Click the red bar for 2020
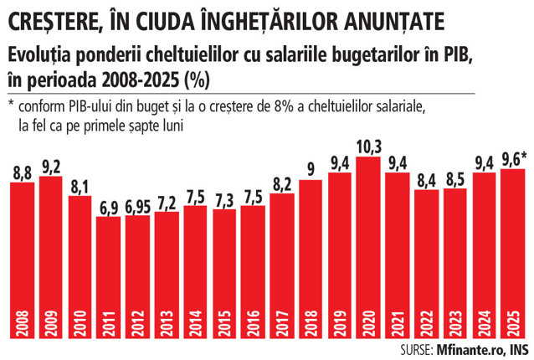(x=368, y=248)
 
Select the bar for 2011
(x=108, y=278)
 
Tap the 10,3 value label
(x=369, y=147)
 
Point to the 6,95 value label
(x=137, y=207)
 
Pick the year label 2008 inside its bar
(x=23, y=323)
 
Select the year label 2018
(x=311, y=323)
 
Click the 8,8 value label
(x=23, y=173)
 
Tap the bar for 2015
(x=224, y=274)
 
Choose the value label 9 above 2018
(x=311, y=170)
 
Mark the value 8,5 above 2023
(x=455, y=179)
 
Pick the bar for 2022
(x=427, y=265)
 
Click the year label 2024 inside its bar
(x=485, y=323)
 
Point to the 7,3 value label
(x=224, y=201)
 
